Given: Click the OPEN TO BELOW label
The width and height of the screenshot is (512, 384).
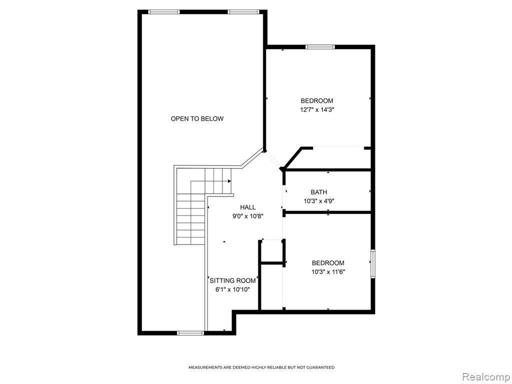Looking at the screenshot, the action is pyautogui.click(x=197, y=119).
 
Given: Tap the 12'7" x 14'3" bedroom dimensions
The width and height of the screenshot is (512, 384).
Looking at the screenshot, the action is pyautogui.click(x=317, y=109).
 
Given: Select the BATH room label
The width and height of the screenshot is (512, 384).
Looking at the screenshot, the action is pyautogui.click(x=318, y=192).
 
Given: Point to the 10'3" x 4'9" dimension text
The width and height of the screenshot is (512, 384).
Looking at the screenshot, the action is pyautogui.click(x=318, y=201).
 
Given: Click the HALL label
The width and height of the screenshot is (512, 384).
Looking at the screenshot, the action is pyautogui.click(x=248, y=207).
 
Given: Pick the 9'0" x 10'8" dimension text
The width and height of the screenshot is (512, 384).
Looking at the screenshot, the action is pyautogui.click(x=248, y=216).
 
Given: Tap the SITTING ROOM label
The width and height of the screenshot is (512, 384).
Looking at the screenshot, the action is pyautogui.click(x=232, y=280).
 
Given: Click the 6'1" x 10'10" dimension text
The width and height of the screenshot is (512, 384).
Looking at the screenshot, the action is pyautogui.click(x=232, y=289).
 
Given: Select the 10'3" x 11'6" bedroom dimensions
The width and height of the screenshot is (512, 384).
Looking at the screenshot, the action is pyautogui.click(x=328, y=271).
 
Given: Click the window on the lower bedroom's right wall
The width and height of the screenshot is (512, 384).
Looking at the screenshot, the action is pyautogui.click(x=372, y=264).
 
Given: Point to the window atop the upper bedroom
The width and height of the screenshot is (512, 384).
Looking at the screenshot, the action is pyautogui.click(x=320, y=47).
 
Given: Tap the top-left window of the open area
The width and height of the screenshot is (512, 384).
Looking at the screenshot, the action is pyautogui.click(x=164, y=12).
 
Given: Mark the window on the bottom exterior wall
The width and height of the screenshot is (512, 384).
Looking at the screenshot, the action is pyautogui.click(x=190, y=333).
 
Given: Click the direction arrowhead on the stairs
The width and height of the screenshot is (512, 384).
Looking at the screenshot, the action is pyautogui.click(x=229, y=181).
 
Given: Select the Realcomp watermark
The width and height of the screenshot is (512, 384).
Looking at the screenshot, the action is pyautogui.click(x=485, y=377).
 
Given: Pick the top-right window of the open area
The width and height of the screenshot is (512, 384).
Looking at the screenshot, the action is pyautogui.click(x=243, y=12).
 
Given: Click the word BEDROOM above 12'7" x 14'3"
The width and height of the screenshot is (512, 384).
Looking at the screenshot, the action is pyautogui.click(x=316, y=101).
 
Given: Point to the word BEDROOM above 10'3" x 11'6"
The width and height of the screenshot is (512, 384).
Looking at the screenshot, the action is pyautogui.click(x=328, y=263).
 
